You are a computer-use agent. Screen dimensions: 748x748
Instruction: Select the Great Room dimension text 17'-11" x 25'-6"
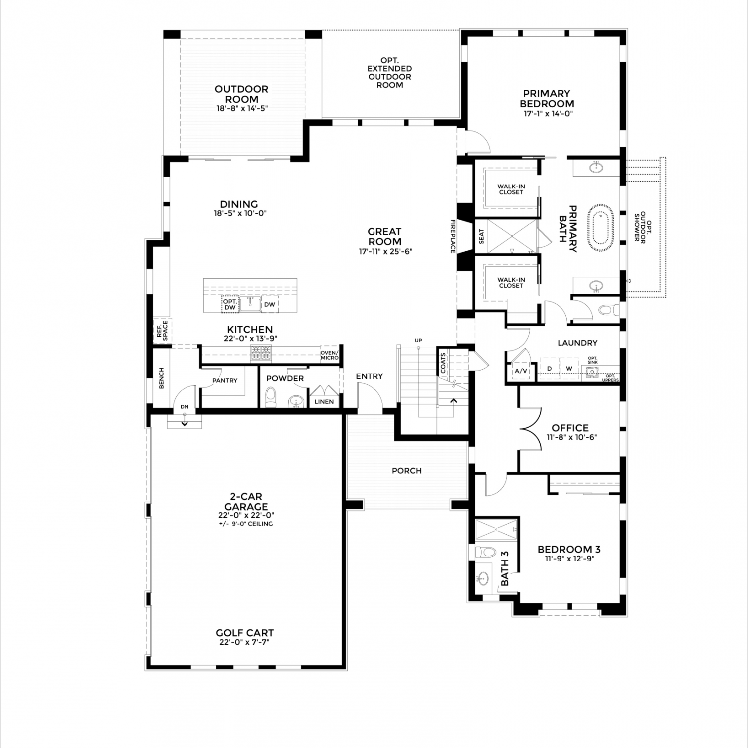(x=385, y=252)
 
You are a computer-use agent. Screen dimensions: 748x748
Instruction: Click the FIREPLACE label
(x=453, y=236)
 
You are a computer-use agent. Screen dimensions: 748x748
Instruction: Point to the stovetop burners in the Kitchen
(x=262, y=353)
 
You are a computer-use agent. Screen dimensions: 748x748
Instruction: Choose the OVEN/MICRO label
(x=329, y=355)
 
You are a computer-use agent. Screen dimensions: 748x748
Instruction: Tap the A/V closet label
(x=521, y=371)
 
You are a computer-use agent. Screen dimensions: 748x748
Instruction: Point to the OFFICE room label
(x=570, y=428)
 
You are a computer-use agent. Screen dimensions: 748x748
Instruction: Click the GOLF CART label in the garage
(x=245, y=633)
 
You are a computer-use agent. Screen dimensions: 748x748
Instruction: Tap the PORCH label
(x=407, y=470)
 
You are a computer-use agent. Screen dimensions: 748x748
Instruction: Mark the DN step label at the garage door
(x=185, y=407)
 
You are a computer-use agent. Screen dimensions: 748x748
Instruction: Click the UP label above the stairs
(x=418, y=340)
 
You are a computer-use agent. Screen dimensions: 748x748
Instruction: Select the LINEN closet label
(x=324, y=401)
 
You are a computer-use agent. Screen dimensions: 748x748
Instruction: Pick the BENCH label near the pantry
(x=161, y=378)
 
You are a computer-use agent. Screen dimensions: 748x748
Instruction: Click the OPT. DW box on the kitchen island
(x=230, y=304)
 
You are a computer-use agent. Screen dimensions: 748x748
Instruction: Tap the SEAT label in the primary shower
(x=481, y=236)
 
